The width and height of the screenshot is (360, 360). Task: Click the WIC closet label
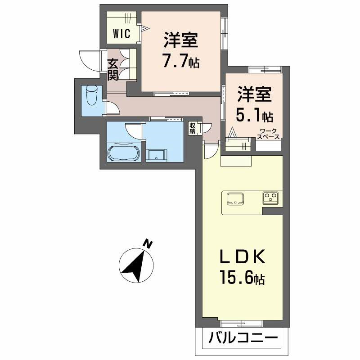pyautogui.click(x=121, y=34)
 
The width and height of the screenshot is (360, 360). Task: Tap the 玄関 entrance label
pyautogui.click(x=112, y=70)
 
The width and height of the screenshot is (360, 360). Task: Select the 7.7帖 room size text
pyautogui.click(x=181, y=60)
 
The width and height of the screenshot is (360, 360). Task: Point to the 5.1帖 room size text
pyautogui.click(x=255, y=116)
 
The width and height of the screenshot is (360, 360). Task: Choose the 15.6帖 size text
pyautogui.click(x=242, y=279)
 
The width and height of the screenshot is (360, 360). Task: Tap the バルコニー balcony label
pyautogui.click(x=243, y=337)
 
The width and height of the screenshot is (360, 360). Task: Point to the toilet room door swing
pyautogui.click(x=112, y=108)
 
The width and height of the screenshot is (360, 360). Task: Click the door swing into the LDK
pyautogui.click(x=210, y=150)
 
